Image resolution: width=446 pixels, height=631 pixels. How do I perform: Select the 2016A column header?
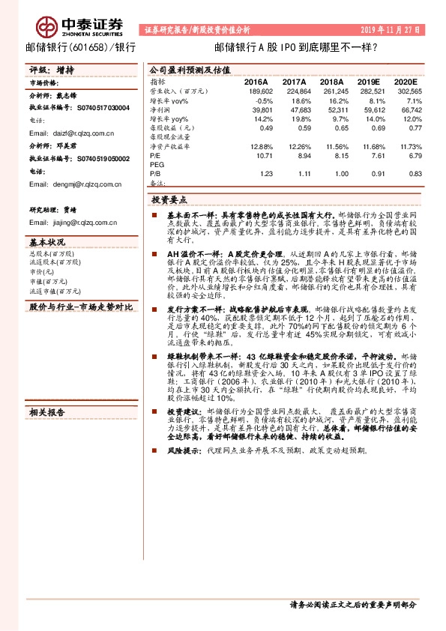click(256, 81)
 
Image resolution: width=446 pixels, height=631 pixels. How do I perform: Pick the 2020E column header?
click(406, 81)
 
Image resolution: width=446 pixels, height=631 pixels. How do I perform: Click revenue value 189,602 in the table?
click(258, 90)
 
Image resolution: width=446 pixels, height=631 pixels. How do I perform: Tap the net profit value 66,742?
click(407, 109)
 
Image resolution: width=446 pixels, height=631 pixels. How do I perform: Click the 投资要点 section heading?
click(170, 201)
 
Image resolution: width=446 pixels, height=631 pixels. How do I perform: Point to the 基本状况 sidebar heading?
click(48, 242)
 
